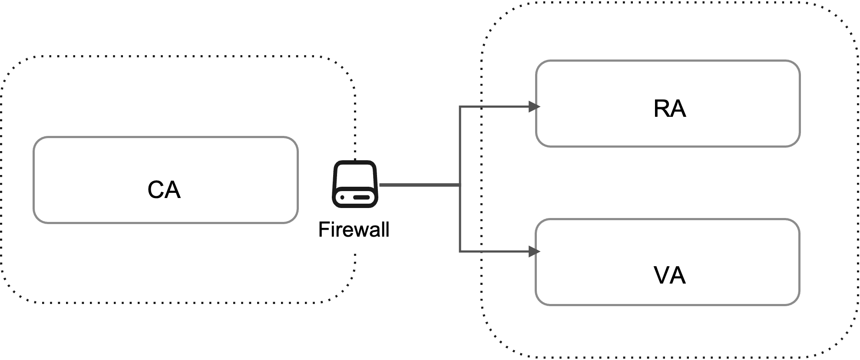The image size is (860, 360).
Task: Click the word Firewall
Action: pyautogui.click(x=354, y=229)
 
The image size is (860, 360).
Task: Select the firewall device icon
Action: pyautogui.click(x=355, y=184)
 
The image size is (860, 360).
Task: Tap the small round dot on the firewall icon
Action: pyautogui.click(x=342, y=198)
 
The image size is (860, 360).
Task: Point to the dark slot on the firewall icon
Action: pyautogui.click(x=361, y=198)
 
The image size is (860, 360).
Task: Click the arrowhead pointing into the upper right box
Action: pyautogui.click(x=534, y=106)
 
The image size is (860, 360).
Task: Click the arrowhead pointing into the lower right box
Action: pyautogui.click(x=534, y=251)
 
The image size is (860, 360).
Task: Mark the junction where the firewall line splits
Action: pyautogui.click(x=460, y=185)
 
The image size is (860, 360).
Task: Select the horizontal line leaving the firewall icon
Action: pyautogui.click(x=419, y=185)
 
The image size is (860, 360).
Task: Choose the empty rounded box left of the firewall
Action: pyautogui.click(x=165, y=180)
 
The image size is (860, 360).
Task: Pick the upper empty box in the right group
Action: pyautogui.click(x=668, y=104)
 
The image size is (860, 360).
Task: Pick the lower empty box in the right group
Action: pyautogui.click(x=667, y=262)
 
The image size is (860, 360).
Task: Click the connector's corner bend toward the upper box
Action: pyautogui.click(x=460, y=106)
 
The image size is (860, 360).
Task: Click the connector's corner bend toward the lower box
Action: pyautogui.click(x=460, y=251)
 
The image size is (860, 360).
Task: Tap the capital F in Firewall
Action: pyautogui.click(x=323, y=229)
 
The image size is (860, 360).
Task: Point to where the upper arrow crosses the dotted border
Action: pyautogui.click(x=482, y=106)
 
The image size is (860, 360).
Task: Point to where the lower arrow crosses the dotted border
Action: pyautogui.click(x=482, y=251)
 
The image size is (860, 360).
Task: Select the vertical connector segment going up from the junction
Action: pyautogui.click(x=460, y=145)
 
